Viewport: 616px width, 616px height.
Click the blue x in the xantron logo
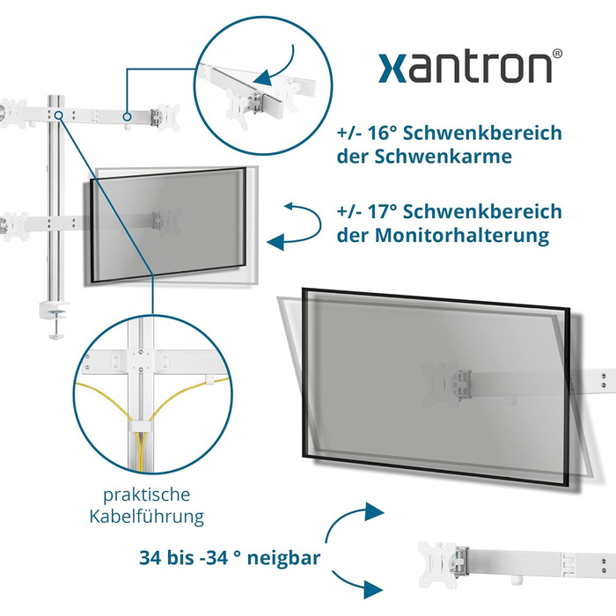pos(392,69)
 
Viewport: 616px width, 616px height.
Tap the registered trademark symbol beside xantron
pos(557,54)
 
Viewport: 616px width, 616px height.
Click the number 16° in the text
pos(381,133)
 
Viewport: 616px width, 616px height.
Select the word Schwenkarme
pos(443,157)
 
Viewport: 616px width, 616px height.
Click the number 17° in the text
pos(382,211)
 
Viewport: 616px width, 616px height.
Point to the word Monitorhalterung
pos(462,235)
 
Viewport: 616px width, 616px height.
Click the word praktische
pos(147,495)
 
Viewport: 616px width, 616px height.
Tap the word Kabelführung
pos(147,517)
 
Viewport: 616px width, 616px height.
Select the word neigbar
pos(283,558)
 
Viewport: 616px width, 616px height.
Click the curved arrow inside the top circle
pos(280,69)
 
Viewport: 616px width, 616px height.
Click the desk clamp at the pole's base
pos(55,319)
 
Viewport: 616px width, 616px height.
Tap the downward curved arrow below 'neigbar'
pos(356,584)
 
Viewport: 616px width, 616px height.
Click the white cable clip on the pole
pos(140,427)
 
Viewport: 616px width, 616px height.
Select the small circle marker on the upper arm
pos(127,117)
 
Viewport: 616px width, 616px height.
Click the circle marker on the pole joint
pos(59,115)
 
